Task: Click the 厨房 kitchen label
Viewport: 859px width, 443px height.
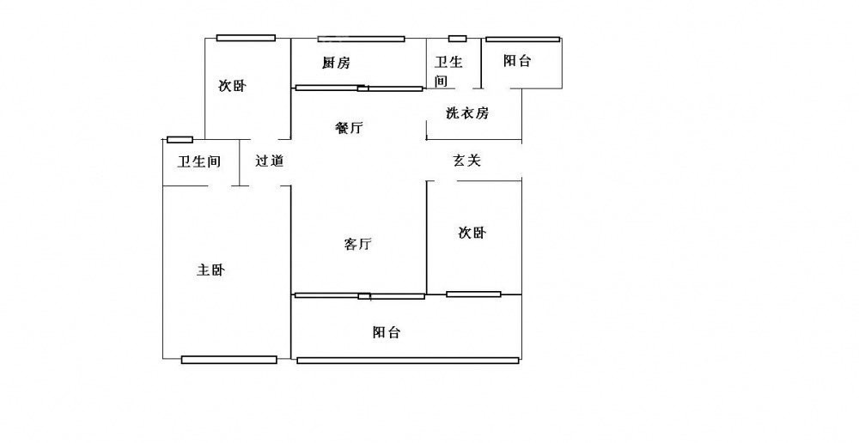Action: coord(336,63)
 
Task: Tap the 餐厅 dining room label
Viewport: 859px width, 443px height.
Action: coord(349,129)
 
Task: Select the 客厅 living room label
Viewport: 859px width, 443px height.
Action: coord(357,245)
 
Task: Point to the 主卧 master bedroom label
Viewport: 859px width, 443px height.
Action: coord(211,270)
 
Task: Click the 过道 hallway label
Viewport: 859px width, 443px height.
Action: coord(270,161)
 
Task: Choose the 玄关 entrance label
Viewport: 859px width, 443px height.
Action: coord(466,161)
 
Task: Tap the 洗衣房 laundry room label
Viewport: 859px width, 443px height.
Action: coord(467,113)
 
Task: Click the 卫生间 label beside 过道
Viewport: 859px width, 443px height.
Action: coord(199,161)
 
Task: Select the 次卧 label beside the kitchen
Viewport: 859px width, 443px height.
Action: coord(232,86)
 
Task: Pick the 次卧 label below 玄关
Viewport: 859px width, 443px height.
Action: coord(472,233)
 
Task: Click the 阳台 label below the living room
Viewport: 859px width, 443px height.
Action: coord(387,332)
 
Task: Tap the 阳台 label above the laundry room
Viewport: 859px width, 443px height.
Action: coord(517,61)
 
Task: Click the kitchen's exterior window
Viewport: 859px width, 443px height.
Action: coord(361,39)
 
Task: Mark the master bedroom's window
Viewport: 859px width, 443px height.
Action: coord(228,360)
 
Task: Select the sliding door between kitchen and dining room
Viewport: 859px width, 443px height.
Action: coord(359,88)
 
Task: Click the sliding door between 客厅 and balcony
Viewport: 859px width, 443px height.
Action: coord(359,296)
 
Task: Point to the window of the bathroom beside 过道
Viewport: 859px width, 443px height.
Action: coord(180,139)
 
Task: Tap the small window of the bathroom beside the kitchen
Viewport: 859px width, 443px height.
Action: coord(457,39)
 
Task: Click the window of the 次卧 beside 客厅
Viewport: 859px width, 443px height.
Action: coord(473,294)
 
